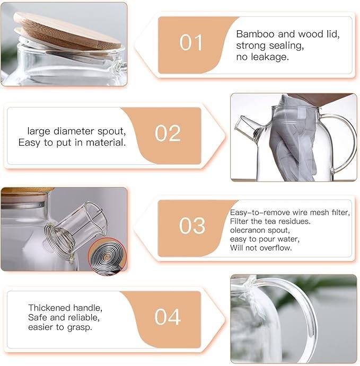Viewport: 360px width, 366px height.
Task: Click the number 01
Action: pos(192,43)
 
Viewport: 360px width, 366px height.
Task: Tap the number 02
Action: pos(168,133)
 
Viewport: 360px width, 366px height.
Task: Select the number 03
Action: pos(192,226)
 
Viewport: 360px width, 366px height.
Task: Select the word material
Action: pos(108,142)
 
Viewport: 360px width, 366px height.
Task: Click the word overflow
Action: pos(275,248)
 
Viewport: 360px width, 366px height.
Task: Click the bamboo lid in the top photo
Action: pos(66,32)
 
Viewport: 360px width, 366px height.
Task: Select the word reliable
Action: pos(82,318)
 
